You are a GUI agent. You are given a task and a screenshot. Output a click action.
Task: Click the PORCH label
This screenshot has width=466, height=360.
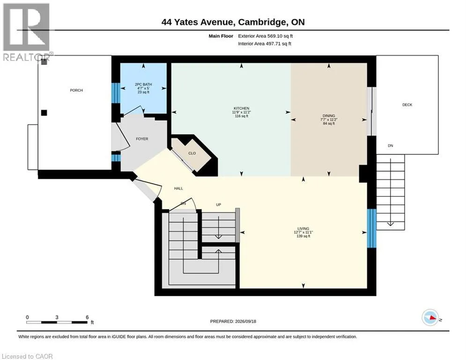pyautogui.click(x=76, y=90)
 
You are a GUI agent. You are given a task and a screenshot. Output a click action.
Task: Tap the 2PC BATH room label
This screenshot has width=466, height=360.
pyautogui.click(x=143, y=84)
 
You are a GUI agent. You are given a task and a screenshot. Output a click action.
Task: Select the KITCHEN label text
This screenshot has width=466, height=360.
pyautogui.click(x=241, y=108)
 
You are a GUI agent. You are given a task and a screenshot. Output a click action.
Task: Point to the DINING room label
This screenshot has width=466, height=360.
pyautogui.click(x=329, y=116)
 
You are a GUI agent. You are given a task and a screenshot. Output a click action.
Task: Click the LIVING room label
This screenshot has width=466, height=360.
pyautogui.click(x=303, y=228)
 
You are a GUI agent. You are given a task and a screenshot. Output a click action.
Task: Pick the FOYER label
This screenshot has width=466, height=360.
pyautogui.click(x=142, y=139)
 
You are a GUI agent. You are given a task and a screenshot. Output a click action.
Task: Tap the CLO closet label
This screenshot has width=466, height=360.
pyautogui.click(x=192, y=153)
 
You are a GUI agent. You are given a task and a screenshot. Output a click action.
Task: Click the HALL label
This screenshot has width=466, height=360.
pyautogui.click(x=178, y=188)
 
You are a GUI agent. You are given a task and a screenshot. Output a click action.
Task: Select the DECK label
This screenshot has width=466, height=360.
pyautogui.click(x=407, y=105)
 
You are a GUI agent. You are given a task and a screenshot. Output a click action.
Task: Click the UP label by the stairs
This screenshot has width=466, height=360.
pyautogui.click(x=218, y=205)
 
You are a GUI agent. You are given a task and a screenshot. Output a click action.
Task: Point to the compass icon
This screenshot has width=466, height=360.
pyautogui.click(x=430, y=317)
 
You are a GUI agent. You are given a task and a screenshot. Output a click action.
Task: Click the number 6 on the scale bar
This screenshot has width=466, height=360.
pyautogui.click(x=87, y=317)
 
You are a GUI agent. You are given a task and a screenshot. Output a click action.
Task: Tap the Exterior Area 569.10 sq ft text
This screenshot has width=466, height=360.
pyautogui.click(x=266, y=36)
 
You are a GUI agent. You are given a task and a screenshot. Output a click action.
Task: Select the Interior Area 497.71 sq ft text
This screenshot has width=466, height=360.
pyautogui.click(x=265, y=44)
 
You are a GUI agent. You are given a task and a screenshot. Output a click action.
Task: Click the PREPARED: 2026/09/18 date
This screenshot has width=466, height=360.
pyautogui.click(x=233, y=321)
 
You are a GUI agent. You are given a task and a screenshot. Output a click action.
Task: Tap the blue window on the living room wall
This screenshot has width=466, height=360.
pyautogui.click(x=371, y=228)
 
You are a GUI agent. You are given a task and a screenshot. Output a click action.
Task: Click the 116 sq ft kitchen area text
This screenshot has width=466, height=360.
pyautogui.click(x=241, y=116)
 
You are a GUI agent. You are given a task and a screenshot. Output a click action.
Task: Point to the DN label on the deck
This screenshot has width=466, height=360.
pyautogui.click(x=391, y=146)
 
